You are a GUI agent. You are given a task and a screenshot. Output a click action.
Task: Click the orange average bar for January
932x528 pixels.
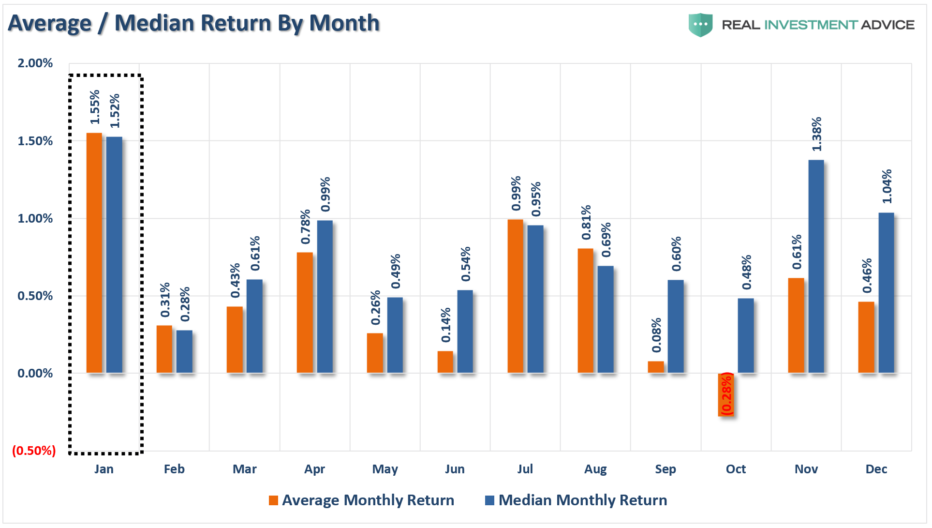pyautogui.click(x=94, y=253)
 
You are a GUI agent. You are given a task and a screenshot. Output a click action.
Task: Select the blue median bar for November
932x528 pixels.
pyautogui.click(x=816, y=266)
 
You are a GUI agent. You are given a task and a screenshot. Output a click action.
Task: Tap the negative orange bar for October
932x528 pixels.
pyautogui.click(x=726, y=394)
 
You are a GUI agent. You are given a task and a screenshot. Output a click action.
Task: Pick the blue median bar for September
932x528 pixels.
pyautogui.click(x=676, y=326)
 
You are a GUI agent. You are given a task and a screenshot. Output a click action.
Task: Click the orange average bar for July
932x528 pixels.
pyautogui.click(x=516, y=296)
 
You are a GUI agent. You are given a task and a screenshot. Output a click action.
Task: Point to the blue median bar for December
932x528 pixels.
pyautogui.click(x=886, y=292)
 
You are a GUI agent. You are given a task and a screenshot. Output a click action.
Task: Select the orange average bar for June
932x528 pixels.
pyautogui.click(x=445, y=362)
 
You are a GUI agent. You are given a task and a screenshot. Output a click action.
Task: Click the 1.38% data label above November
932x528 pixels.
pyautogui.click(x=816, y=134)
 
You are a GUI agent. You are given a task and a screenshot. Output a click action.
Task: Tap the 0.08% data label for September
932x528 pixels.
pyautogui.click(x=656, y=335)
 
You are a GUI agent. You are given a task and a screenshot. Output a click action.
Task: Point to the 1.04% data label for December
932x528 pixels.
pyautogui.click(x=887, y=186)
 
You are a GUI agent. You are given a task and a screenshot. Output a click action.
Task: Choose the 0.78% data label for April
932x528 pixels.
pyautogui.click(x=305, y=226)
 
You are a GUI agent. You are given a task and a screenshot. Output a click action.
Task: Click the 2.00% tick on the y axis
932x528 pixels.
pyautogui.click(x=35, y=63)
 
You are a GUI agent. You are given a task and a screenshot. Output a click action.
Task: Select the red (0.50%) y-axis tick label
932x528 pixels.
pyautogui.click(x=34, y=451)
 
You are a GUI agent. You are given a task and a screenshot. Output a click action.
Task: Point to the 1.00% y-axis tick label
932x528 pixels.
pyautogui.click(x=35, y=218)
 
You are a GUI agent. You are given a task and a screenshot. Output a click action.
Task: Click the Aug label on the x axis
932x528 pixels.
pyautogui.click(x=595, y=469)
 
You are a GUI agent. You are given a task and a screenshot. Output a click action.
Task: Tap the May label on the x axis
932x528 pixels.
pyautogui.click(x=385, y=469)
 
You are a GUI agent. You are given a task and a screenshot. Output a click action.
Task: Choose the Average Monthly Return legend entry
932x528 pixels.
pyautogui.click(x=361, y=500)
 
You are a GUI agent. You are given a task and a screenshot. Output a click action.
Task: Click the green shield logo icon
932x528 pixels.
pyautogui.click(x=700, y=25)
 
